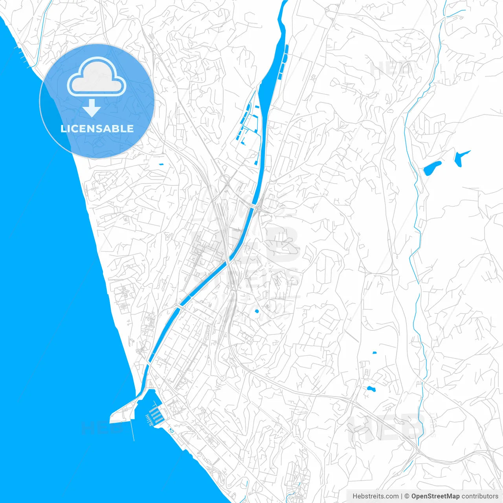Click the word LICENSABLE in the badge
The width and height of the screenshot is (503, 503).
(x=97, y=129)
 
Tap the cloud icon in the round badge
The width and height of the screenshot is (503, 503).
(x=97, y=77)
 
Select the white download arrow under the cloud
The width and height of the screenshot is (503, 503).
(x=92, y=108)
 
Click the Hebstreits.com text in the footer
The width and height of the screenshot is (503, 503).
(x=376, y=496)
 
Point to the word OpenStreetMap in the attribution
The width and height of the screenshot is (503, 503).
(x=435, y=496)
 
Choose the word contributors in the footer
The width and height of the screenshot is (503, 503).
(x=480, y=496)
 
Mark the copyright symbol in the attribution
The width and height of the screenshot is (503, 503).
(x=407, y=496)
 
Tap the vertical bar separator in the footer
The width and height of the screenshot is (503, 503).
(x=402, y=496)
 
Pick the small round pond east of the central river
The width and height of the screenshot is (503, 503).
(x=257, y=311)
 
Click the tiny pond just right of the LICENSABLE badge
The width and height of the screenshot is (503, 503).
(x=161, y=164)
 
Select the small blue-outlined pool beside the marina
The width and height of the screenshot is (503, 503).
(x=171, y=430)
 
